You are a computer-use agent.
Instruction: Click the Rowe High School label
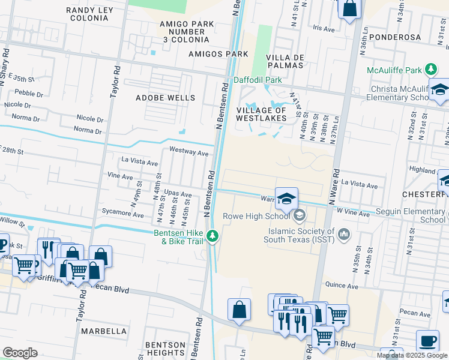[256, 216]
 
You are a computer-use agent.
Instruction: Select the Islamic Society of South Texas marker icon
[345, 233]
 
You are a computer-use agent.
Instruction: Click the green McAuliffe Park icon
[431, 70]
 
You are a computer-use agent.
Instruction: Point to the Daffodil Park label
[258, 79]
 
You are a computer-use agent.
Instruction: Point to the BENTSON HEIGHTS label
[166, 349]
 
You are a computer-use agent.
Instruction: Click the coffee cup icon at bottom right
[427, 341]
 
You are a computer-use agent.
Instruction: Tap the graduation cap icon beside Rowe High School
[287, 198]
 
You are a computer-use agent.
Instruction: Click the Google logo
[20, 353]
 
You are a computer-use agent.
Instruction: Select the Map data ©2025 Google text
[412, 355]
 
